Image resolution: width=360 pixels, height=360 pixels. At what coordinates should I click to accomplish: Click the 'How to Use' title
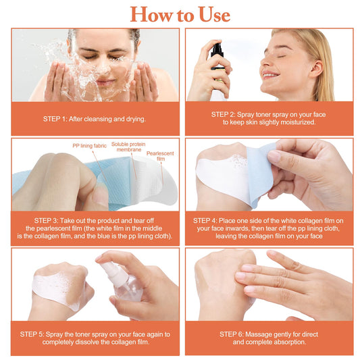click(x=180, y=14)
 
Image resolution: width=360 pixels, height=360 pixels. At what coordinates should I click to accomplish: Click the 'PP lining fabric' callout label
click(x=90, y=146)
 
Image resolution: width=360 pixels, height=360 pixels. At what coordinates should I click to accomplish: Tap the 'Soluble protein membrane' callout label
click(x=128, y=147)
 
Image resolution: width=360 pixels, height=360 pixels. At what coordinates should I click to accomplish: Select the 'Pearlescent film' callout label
click(x=160, y=156)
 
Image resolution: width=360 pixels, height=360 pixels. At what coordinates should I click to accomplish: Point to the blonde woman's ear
click(x=315, y=68)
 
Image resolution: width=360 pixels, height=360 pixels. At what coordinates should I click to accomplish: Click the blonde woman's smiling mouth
click(x=271, y=74)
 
